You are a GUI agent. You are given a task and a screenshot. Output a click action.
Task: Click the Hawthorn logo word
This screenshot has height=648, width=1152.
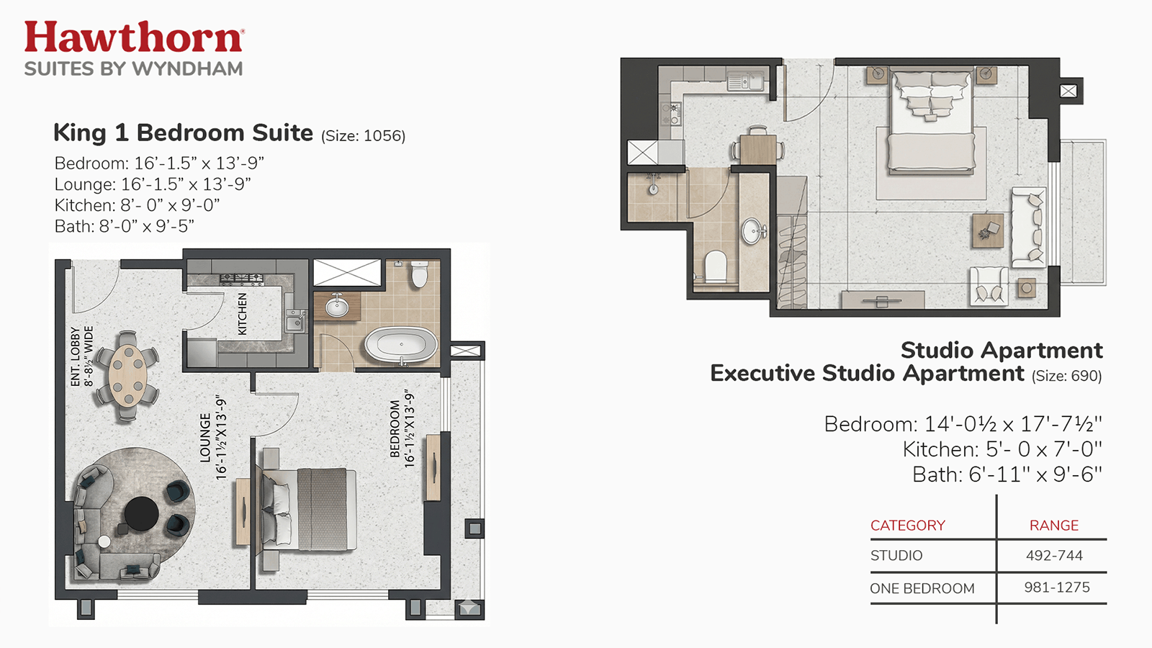[x=134, y=37]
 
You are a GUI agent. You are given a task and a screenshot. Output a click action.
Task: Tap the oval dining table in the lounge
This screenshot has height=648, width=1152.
[x=127, y=375]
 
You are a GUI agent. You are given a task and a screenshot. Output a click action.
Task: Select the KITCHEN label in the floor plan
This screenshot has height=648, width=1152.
[x=242, y=314]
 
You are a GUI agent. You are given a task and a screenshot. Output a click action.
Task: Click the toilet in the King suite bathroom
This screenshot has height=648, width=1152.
[x=420, y=274]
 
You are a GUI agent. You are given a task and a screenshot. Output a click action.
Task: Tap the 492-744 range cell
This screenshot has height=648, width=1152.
[x=1054, y=555]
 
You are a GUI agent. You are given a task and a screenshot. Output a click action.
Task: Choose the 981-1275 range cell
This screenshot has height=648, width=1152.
[x=1056, y=588]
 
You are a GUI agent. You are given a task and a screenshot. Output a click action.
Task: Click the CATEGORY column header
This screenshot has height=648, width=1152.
[x=908, y=525]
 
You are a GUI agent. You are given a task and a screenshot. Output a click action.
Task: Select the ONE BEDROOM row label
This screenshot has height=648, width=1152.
[x=922, y=588]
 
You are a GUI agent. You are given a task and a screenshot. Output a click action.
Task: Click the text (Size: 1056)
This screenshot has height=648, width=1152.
[x=363, y=136]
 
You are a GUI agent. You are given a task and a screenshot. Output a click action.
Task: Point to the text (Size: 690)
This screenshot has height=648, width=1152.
[x=1066, y=376]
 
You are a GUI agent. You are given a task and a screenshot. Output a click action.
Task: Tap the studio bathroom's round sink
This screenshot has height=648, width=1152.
[x=754, y=231]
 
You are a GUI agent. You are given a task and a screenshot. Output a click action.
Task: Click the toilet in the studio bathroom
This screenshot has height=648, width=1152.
[x=714, y=267]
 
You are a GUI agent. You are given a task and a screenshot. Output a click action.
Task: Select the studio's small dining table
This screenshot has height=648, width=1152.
[x=757, y=149]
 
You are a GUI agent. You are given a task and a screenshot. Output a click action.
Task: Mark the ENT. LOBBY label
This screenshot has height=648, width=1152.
[x=75, y=356]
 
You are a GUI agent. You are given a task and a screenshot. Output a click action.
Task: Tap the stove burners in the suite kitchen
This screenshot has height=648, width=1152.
[x=242, y=279]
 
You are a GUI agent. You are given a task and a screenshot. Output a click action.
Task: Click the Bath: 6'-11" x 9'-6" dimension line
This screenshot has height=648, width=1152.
[x=1007, y=474]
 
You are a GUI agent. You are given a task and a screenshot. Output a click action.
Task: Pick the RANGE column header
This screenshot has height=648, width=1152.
[x=1054, y=525]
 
